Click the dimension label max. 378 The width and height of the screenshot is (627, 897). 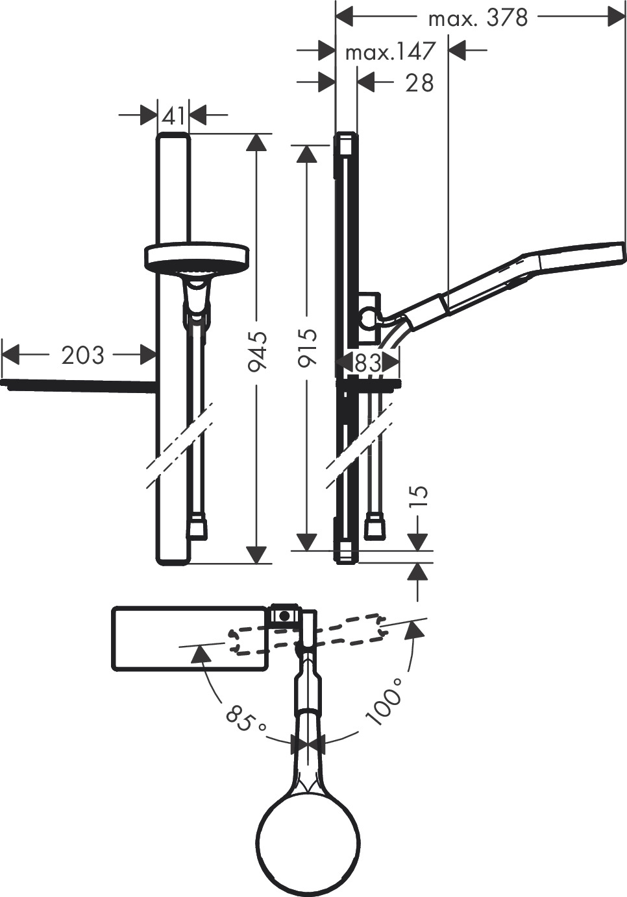[478, 18]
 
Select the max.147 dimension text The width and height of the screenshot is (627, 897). [389, 51]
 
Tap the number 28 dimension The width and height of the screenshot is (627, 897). [419, 83]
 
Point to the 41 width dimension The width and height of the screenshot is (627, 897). [173, 116]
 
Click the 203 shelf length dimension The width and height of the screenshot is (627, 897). [82, 355]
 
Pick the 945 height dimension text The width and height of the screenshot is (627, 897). [258, 351]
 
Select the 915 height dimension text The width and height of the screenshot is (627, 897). [307, 348]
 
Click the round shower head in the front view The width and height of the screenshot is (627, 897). [197, 257]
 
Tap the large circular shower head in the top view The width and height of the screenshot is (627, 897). [308, 839]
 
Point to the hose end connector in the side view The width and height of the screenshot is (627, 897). [375, 527]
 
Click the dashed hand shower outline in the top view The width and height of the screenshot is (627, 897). [305, 635]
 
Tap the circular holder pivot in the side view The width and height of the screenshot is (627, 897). [368, 318]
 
